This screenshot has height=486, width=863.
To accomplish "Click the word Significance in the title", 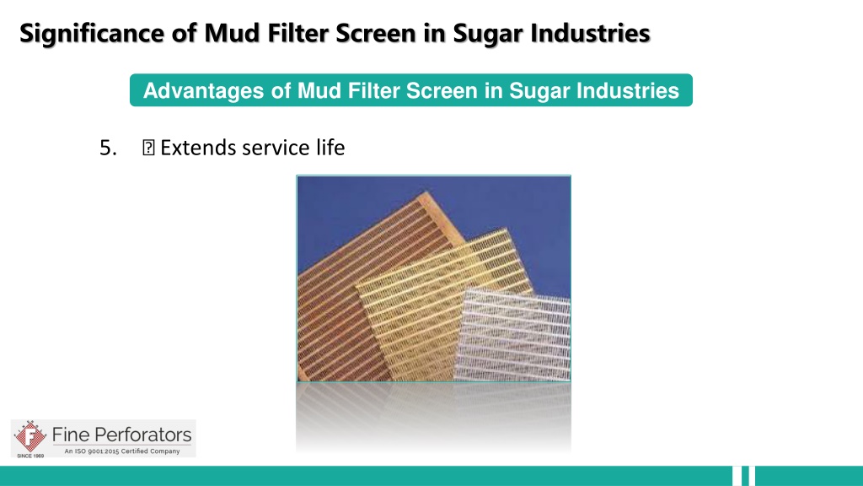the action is (92, 34).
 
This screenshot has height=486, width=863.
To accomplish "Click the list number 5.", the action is (108, 148).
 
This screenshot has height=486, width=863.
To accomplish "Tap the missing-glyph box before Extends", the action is (148, 148).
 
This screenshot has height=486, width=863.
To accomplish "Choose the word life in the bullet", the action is (330, 147).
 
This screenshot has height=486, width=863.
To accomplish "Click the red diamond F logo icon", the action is (29, 436).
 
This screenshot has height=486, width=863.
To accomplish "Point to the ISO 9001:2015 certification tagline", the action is (122, 451).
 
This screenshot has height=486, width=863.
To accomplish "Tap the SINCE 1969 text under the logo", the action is (30, 456).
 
